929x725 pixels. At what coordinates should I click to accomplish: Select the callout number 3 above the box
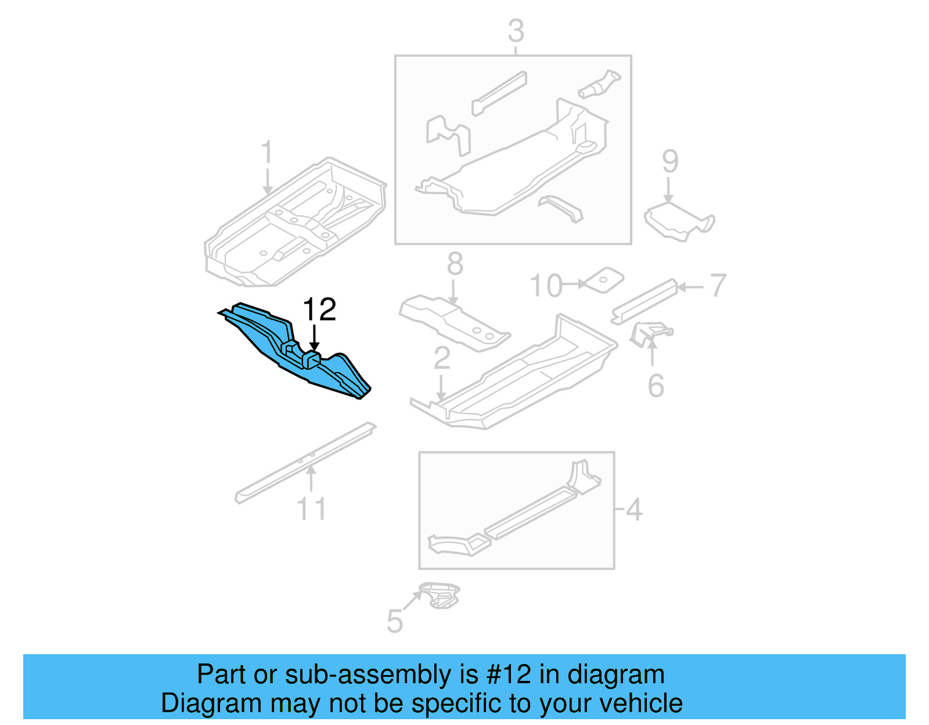point(516,31)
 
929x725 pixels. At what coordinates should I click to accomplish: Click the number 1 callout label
point(267,153)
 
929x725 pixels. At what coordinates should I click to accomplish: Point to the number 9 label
point(670,161)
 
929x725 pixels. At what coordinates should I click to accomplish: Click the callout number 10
point(546,286)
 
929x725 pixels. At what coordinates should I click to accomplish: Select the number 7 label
point(718,286)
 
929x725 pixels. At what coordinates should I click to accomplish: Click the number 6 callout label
point(656,386)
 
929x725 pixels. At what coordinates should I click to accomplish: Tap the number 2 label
point(442,358)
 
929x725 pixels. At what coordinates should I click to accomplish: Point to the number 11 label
point(311,509)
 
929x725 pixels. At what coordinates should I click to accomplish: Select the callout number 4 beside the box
point(634,510)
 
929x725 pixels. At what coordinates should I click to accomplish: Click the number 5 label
point(394,622)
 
